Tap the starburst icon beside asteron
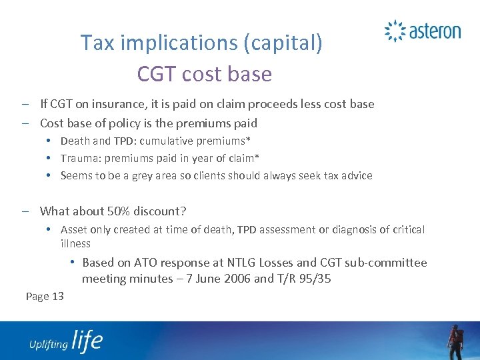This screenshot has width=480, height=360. click(x=395, y=31)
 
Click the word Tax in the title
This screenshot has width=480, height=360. click(x=97, y=43)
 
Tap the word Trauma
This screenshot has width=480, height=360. click(x=79, y=158)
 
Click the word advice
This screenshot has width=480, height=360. click(x=356, y=175)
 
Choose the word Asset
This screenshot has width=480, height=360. click(x=74, y=229)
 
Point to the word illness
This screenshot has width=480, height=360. click(x=76, y=243)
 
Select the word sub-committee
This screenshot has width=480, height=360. click(x=389, y=263)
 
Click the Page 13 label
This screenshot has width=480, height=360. click(x=45, y=296)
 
